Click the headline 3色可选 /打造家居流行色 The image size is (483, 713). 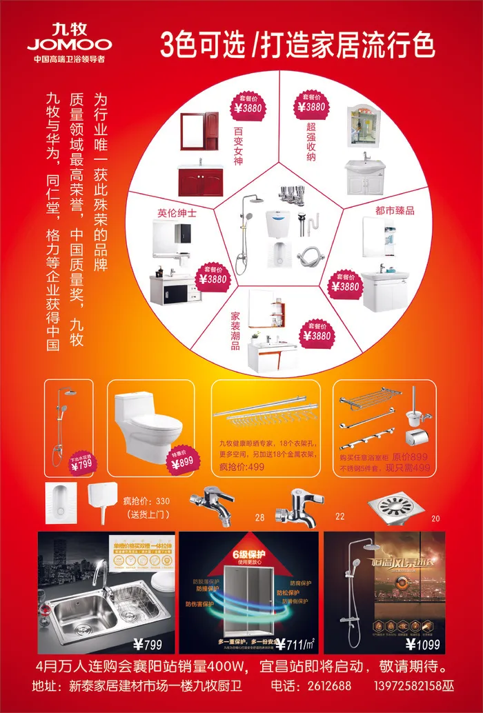click(x=298, y=45)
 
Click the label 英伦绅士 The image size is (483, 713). click(x=177, y=213)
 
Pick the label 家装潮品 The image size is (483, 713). click(x=235, y=330)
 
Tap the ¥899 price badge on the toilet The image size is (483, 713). click(x=182, y=460)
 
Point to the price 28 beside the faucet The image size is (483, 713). click(x=259, y=516)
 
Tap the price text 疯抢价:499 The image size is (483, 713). click(x=241, y=467)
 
